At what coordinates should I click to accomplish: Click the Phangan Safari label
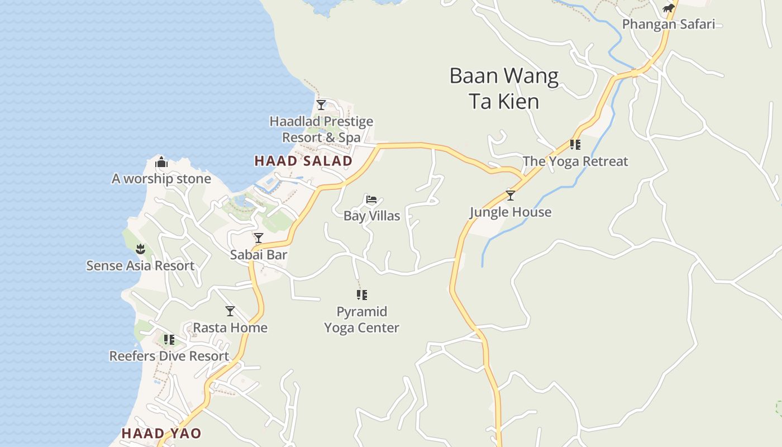point(668,24)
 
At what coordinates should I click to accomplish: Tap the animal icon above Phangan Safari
point(668,8)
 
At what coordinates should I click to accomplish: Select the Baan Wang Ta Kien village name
point(504,88)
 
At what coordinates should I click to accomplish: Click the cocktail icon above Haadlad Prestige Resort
point(321,104)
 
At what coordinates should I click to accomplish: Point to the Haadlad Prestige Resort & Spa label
point(321,129)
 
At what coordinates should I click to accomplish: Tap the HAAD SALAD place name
point(303,161)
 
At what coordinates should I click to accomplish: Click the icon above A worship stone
point(161,163)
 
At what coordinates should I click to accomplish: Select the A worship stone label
point(161,179)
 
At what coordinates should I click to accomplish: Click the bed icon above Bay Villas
point(371,199)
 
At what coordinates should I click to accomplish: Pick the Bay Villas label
point(371,216)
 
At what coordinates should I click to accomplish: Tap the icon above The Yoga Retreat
point(575,145)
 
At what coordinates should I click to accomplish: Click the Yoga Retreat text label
point(575,161)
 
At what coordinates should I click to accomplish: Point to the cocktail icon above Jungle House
point(510,196)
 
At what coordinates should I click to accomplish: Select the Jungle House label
point(510,212)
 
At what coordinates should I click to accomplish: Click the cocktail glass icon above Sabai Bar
point(259,238)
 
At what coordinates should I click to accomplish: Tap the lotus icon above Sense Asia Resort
point(140,249)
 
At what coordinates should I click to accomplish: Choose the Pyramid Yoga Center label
point(361,319)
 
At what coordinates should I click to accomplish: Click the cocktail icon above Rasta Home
point(230,311)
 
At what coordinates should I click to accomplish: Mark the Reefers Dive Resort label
point(169,356)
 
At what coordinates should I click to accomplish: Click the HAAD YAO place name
point(161,433)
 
